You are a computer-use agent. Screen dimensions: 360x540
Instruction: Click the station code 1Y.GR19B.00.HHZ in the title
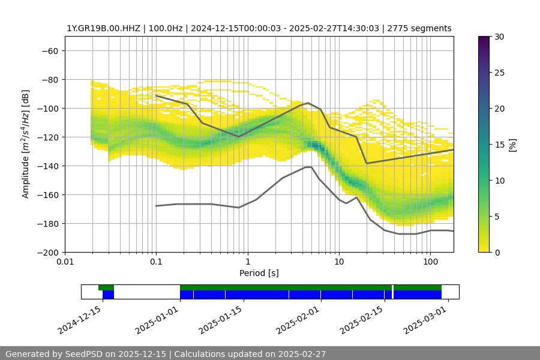(x=104, y=29)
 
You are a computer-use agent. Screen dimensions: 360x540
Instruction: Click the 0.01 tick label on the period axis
(x=65, y=262)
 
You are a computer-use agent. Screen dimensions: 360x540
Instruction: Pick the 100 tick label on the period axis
(x=430, y=262)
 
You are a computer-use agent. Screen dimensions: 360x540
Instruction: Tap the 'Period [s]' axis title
(x=259, y=274)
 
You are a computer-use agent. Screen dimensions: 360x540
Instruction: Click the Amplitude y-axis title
(x=26, y=144)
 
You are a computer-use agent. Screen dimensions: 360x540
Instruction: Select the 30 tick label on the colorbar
(x=499, y=37)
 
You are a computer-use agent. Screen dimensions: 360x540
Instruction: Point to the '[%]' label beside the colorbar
(x=513, y=144)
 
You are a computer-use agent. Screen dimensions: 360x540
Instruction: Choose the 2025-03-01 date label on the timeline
(x=426, y=320)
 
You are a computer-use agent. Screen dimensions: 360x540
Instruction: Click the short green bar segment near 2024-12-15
(x=106, y=287)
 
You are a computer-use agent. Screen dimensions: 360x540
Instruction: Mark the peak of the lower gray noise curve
(x=308, y=167)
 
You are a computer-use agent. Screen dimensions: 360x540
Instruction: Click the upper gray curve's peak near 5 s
(x=308, y=103)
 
